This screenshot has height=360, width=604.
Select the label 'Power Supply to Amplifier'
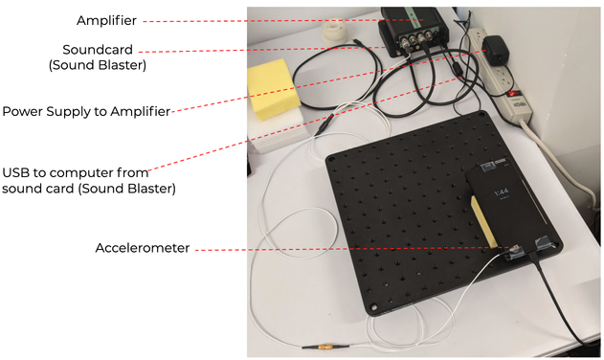coord(86,111)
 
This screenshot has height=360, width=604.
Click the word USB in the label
coord(17,172)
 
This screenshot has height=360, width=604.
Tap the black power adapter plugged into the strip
coord(497,49)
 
